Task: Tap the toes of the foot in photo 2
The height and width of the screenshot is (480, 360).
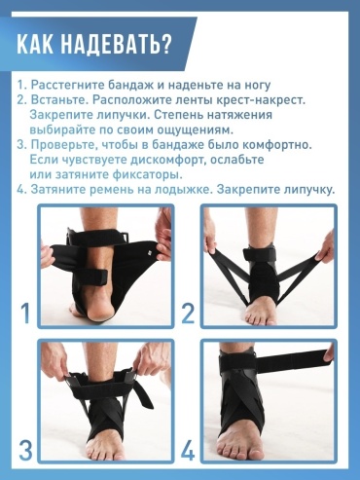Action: [261, 316]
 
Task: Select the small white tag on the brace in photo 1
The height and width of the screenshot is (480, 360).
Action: [151, 251]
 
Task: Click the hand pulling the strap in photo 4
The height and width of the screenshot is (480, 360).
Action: [329, 353]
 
